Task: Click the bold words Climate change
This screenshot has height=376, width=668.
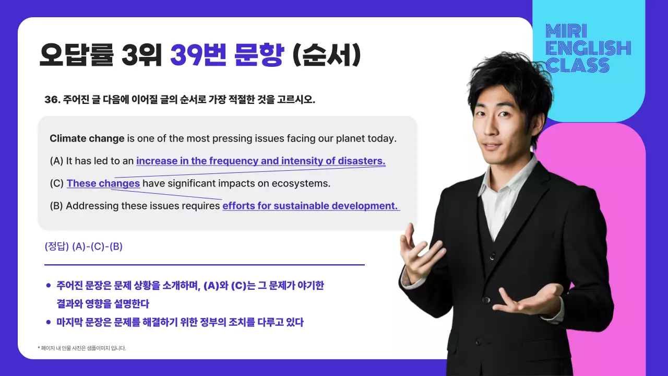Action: coord(87,139)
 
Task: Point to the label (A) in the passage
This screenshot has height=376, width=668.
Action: coord(56,161)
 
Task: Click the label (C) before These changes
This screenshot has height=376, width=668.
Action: coord(56,184)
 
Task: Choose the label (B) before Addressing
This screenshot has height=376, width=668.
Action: coord(56,206)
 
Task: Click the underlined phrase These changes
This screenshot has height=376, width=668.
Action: coord(103,184)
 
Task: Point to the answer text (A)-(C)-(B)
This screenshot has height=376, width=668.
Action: coord(97,246)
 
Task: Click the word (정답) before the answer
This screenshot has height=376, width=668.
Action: coord(57,246)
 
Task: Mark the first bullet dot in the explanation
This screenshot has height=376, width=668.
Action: coord(49,286)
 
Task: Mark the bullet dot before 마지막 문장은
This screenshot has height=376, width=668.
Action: coord(49,322)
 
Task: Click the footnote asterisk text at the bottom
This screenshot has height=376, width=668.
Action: coord(82,348)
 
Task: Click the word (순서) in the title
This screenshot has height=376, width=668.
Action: coord(326,56)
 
